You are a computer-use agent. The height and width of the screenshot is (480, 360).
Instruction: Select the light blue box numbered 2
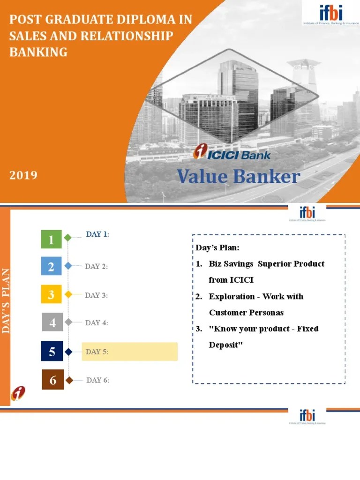52,267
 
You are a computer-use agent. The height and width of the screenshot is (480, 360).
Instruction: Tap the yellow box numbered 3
52,294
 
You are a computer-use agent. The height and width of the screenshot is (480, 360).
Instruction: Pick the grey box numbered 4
52,322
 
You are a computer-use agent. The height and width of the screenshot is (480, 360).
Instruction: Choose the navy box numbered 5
52,351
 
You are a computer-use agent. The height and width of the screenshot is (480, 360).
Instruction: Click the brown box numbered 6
52,380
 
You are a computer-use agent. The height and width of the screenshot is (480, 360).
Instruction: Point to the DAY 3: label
97,295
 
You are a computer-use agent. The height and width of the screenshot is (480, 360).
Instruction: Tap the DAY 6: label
97,380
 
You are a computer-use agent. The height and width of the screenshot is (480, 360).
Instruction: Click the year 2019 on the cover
23,175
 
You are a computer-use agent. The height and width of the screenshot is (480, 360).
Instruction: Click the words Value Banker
238,177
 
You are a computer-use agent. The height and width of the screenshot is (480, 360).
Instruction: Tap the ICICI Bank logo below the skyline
232,153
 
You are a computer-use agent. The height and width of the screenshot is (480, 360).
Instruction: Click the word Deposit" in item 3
226,345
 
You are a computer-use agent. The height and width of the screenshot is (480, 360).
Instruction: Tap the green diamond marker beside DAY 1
68,238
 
